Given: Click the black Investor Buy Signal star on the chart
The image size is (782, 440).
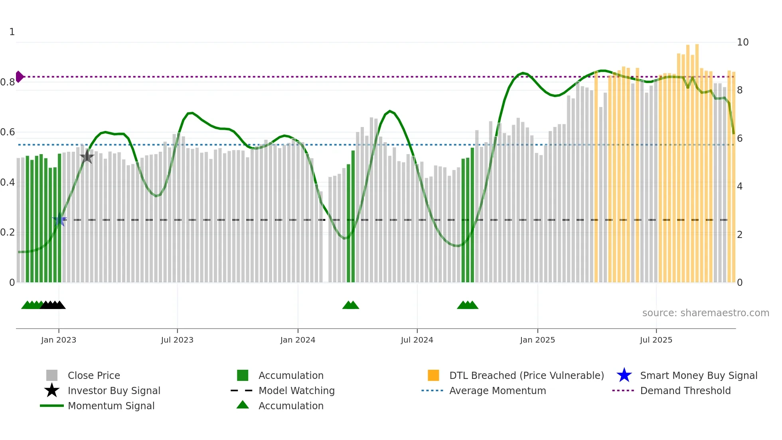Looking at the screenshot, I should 87,157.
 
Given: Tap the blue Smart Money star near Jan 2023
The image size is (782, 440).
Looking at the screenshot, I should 59,220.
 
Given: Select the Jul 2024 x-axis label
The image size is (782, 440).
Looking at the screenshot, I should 417,340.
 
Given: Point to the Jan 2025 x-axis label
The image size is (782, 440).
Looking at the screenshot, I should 537,340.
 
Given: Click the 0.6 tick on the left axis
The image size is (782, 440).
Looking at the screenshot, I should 8,132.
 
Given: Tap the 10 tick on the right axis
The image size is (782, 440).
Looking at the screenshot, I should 743,42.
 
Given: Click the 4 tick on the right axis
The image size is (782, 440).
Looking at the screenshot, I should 740,186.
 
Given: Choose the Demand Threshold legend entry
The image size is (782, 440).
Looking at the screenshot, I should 685,390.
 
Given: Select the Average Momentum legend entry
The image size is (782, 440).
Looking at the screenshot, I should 497,390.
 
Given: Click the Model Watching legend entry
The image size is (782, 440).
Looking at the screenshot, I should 296,390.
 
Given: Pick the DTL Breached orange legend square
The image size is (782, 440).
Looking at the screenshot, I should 433,375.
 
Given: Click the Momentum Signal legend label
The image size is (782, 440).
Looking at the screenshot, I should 111,406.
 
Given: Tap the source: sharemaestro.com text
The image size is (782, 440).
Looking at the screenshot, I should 705,313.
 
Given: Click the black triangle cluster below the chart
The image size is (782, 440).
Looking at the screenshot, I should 53,305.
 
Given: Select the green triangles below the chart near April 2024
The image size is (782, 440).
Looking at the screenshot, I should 351,305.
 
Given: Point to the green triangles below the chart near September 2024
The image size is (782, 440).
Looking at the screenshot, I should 468,305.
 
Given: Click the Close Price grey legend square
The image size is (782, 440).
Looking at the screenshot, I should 52,375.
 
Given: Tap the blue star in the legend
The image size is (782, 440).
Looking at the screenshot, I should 624,375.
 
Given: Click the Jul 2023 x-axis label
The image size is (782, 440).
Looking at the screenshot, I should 177,340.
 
